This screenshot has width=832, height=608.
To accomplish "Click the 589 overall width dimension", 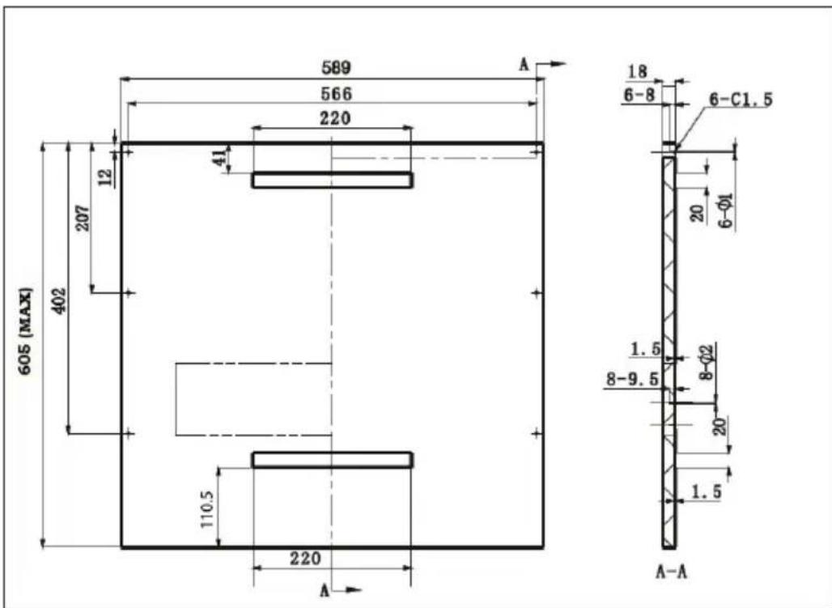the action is (x=337, y=68).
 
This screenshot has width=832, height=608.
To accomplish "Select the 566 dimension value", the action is (x=337, y=94).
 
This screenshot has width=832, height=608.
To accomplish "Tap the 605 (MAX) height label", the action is (x=26, y=330).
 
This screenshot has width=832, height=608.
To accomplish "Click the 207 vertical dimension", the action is (x=84, y=218).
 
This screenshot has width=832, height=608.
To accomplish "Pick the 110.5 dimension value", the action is (x=207, y=509).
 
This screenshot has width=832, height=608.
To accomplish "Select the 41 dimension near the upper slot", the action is (x=220, y=158).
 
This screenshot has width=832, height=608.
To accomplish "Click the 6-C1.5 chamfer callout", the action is (x=741, y=100).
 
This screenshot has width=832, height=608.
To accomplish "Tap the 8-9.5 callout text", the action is (x=632, y=379).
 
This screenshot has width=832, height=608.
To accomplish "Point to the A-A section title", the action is (x=671, y=572).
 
